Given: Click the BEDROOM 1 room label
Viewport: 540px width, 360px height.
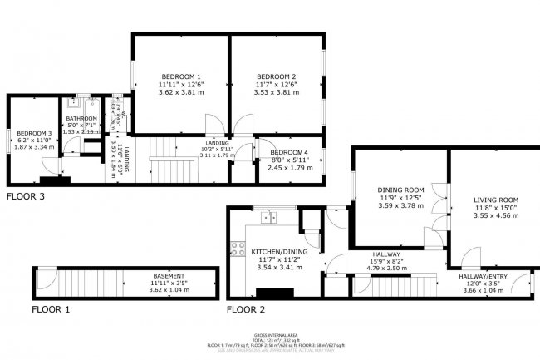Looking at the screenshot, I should [180, 76].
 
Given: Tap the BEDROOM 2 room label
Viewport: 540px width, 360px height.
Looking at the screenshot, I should [276, 76].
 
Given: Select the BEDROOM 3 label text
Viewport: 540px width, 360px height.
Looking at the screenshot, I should [34, 133].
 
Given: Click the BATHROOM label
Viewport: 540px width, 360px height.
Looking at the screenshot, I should [81, 119].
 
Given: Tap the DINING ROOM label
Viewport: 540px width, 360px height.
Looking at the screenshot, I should [401, 190].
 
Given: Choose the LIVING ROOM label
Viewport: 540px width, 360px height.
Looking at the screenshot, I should [496, 200].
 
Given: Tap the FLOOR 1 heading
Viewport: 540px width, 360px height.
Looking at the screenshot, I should [51, 308].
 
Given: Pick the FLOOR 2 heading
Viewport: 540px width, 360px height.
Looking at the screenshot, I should [246, 308].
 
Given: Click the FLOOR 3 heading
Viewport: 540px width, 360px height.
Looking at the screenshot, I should [26, 197].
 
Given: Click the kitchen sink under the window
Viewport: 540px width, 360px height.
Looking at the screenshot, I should [268, 218].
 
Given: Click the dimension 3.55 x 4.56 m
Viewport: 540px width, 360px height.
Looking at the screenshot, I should [496, 216].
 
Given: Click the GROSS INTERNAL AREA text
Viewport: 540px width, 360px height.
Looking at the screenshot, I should [270, 336].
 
